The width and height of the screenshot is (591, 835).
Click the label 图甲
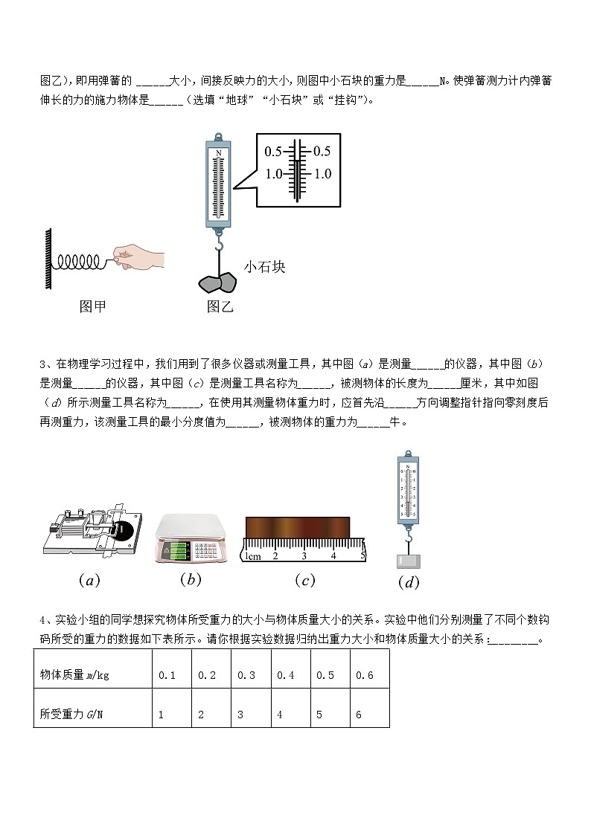[93, 306]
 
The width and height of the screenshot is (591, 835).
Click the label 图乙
[220, 306]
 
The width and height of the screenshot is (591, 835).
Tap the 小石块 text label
[264, 267]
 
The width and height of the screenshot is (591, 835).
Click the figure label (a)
[89, 581]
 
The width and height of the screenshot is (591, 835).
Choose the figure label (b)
[191, 579]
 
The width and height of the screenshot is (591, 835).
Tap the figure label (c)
[304, 581]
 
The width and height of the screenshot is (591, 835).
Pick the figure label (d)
[409, 582]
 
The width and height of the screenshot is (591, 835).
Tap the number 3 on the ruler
[304, 555]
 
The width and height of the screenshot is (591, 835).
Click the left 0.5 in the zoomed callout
[273, 152]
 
